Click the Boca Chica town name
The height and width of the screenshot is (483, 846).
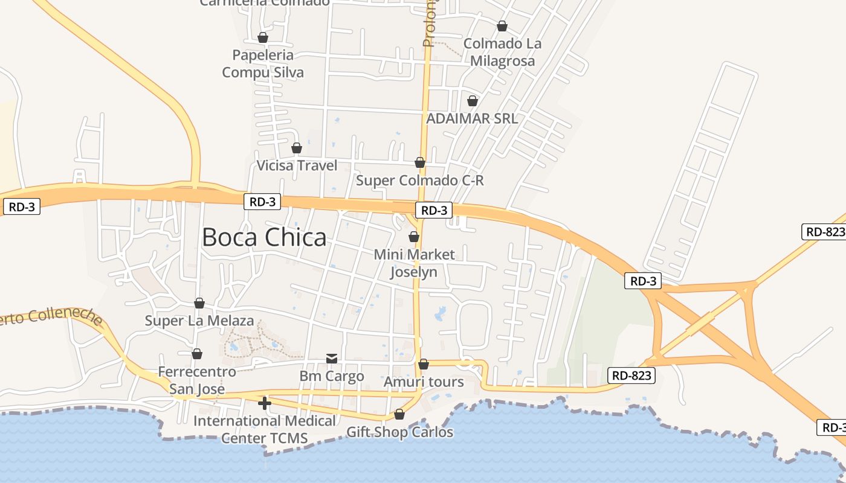[264, 237]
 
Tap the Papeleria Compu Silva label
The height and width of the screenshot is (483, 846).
[263, 64]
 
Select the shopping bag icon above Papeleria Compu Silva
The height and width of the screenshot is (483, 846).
[263, 37]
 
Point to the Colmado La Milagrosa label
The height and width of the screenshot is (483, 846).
[502, 53]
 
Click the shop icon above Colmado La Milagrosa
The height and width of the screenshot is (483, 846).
[502, 26]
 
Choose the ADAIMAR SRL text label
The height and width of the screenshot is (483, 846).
[472, 118]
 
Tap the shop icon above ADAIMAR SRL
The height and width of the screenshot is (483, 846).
[473, 101]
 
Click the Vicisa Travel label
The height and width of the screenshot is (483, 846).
[297, 165]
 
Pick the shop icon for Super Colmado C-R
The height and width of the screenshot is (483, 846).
[420, 162]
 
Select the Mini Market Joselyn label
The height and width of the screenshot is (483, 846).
[414, 263]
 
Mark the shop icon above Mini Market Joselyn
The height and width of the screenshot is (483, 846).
[414, 237]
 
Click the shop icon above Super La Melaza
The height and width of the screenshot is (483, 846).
[199, 303]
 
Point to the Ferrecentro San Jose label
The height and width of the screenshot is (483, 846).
[197, 380]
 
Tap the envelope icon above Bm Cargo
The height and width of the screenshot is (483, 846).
[332, 359]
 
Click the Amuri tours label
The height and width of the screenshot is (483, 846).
[424, 382]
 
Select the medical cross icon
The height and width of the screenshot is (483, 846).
[264, 403]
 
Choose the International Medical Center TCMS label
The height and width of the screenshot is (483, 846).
[265, 429]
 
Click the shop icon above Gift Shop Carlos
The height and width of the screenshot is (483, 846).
[399, 414]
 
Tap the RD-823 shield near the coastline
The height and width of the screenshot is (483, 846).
[631, 376]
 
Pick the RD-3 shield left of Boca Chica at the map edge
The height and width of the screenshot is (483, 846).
[22, 207]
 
